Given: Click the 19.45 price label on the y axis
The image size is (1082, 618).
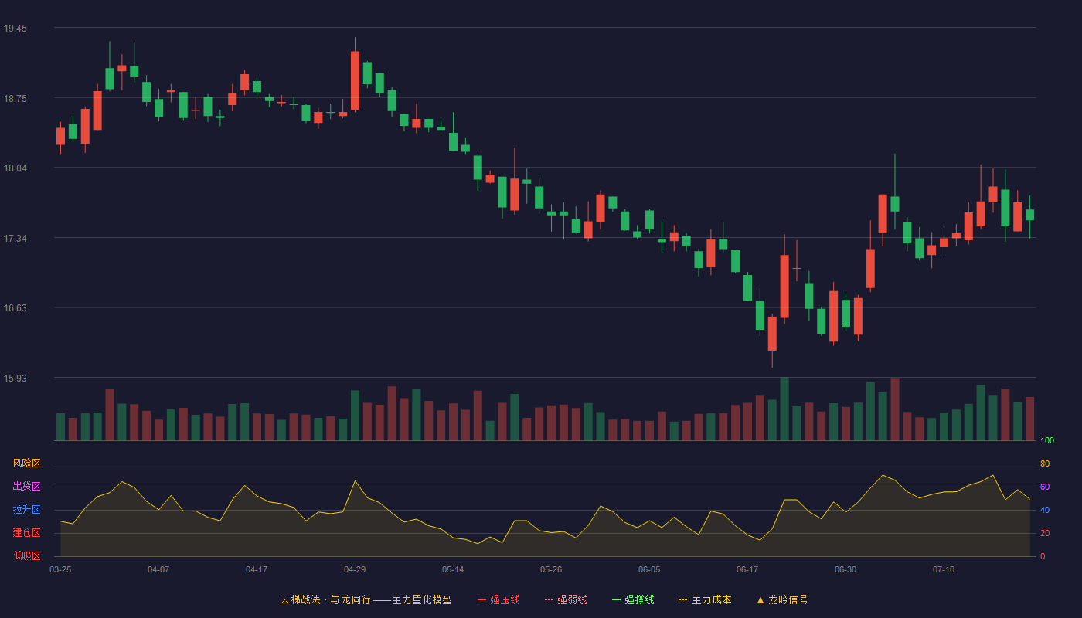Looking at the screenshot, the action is coord(15,29).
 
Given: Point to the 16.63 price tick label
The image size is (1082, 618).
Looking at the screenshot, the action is coord(15,308).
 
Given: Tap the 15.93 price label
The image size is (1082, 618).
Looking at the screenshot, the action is coord(15,378).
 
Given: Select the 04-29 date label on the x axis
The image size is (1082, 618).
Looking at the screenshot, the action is coord(355,570).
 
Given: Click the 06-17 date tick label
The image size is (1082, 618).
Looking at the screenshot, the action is coord(747,570).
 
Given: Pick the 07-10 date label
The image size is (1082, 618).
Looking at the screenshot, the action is coord(944,570).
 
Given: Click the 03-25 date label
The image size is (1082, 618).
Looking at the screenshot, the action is coord(60,570).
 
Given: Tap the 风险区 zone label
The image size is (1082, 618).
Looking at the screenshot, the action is coord(26,463).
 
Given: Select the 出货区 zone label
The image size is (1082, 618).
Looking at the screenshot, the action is coord(26,486).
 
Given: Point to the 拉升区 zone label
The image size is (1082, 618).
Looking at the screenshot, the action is coord(26,509).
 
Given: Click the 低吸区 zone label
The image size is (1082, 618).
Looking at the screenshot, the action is coord(26,555).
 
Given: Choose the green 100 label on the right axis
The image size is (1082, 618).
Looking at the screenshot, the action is coord(1047,440).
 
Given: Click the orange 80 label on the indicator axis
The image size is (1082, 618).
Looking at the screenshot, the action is coord(1045,463).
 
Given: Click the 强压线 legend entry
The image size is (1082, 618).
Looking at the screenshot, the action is coord(498,599).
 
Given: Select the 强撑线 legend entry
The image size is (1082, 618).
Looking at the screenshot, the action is coord(633,599).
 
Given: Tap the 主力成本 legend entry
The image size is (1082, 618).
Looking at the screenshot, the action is coord(705,599).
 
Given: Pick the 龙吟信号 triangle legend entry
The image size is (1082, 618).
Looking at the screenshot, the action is coord(782,599).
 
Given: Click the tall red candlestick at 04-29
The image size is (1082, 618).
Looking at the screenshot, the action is coord(355,80).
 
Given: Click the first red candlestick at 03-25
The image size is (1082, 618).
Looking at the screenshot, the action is coord(60,136).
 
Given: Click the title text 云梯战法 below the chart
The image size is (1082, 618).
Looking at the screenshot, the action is coord(301,599).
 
